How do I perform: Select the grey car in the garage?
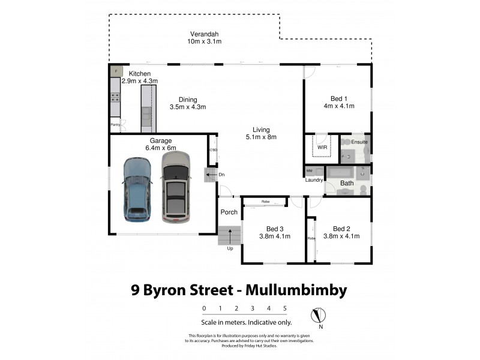pyautogui.click(x=175, y=187)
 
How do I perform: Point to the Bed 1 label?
pyautogui.click(x=339, y=98)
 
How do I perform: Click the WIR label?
pyautogui.click(x=322, y=146)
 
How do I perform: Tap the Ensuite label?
pyautogui.click(x=359, y=142)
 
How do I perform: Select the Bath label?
pyautogui.click(x=347, y=183)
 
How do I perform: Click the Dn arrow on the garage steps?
pyautogui.click(x=210, y=175)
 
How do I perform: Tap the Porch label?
pyautogui.click(x=229, y=212)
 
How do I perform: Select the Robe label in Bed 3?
pyautogui.click(x=265, y=202)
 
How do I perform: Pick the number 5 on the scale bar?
pyautogui.click(x=285, y=308)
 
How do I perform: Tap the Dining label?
pyautogui.click(x=187, y=100)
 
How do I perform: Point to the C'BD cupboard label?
pyautogui.click(x=212, y=150)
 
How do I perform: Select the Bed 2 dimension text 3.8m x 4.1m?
pyautogui.click(x=341, y=236)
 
